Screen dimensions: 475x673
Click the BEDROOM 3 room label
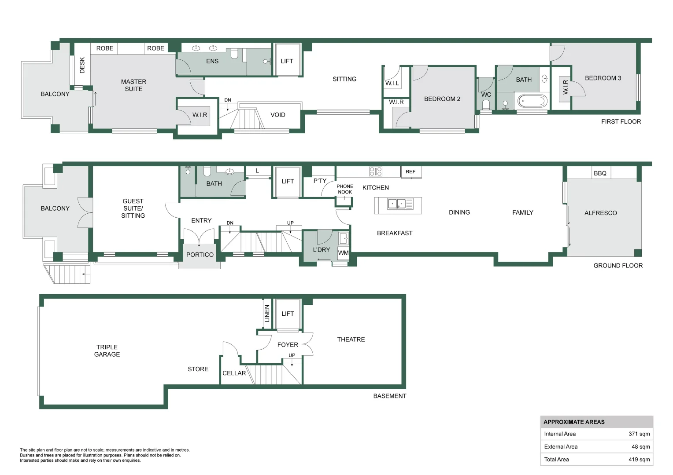603,78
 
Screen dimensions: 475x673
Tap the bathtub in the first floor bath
532,101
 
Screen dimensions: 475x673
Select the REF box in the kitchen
410,172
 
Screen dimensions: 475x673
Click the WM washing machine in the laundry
343,253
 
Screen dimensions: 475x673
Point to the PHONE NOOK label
345,189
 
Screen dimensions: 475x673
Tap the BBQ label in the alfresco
600,173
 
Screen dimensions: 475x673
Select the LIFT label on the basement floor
288,314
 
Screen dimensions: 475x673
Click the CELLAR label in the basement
234,373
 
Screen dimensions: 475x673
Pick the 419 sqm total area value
639,459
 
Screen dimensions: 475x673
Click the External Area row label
561,446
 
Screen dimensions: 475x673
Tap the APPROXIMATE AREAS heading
574,422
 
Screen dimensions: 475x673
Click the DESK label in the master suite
82,65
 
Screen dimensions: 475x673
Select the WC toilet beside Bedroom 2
486,104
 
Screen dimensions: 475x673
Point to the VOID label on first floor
277,115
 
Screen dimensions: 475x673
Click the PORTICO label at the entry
200,255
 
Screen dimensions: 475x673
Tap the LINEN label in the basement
267,314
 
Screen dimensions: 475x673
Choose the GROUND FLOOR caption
618,266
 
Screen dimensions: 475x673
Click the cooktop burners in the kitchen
376,171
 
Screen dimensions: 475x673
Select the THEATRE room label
351,340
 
